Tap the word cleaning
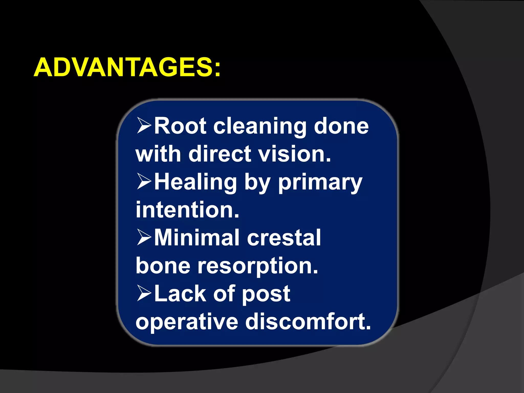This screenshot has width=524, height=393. [260, 127]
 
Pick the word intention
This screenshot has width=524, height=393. [187, 210]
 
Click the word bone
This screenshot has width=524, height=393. [163, 265]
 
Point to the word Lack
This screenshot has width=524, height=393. [180, 293]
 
